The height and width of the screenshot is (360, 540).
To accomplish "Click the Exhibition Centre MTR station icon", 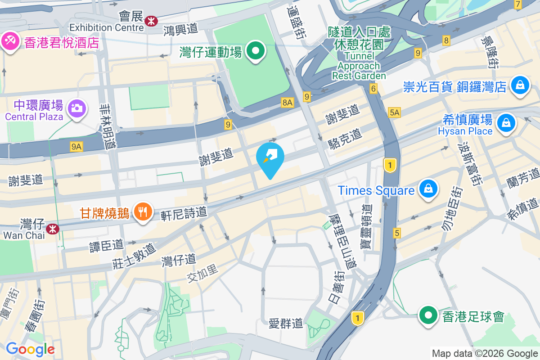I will (151, 20).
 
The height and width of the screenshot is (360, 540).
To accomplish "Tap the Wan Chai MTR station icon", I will (54, 229).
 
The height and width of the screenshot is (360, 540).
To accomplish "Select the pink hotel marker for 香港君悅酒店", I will (9, 42).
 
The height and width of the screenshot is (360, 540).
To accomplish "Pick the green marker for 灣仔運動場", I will (256, 52).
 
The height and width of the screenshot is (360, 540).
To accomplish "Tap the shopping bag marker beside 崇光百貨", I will (520, 85).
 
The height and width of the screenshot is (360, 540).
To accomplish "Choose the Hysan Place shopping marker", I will (506, 123).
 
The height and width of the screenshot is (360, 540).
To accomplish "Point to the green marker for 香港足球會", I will (428, 316).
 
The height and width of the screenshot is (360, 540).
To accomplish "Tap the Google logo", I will (30, 349).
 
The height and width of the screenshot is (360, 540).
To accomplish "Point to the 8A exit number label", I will (288, 103).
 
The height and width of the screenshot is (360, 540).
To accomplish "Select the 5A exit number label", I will (394, 112).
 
